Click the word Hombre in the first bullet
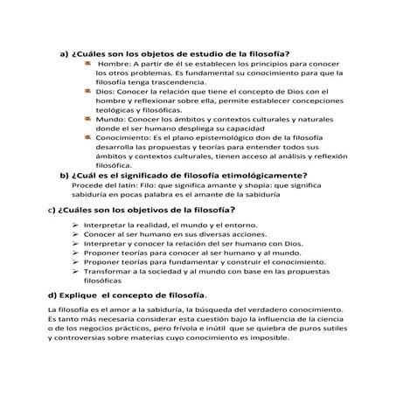[115, 66]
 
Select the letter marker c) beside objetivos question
[52, 211]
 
